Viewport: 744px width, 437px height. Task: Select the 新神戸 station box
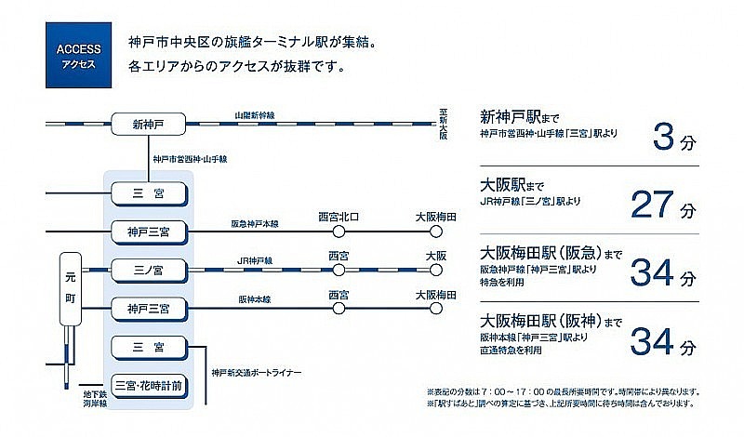[x=149, y=124]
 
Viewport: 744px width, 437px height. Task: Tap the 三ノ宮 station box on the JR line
[x=149, y=271]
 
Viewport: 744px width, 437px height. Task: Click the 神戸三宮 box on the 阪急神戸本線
[x=149, y=231]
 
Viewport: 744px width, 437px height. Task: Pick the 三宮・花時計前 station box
[x=149, y=384]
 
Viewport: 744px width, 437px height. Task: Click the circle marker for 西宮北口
[x=339, y=231]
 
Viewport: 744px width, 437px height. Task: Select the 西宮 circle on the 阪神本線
[x=339, y=307]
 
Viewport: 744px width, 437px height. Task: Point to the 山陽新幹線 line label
[x=255, y=115]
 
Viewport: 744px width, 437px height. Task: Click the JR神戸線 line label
[x=255, y=261]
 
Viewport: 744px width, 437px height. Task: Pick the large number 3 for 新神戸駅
[x=661, y=139]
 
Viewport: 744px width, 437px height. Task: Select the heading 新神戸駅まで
[x=518, y=118]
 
